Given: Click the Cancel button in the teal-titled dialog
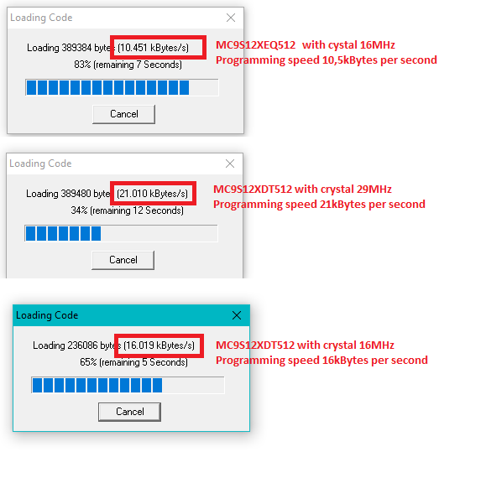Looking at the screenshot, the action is [x=129, y=412].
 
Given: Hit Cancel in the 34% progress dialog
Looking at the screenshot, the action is [x=123, y=260].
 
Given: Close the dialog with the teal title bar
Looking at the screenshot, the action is [x=237, y=315].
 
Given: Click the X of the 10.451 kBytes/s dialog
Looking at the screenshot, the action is [x=231, y=18].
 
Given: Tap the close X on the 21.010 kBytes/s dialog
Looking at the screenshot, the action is [x=230, y=164].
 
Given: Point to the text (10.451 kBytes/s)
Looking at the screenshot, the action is [x=153, y=48].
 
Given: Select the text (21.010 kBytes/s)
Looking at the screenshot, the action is [x=152, y=194].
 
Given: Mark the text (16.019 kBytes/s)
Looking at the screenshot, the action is [x=159, y=345].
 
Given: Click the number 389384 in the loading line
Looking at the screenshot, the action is [x=76, y=48].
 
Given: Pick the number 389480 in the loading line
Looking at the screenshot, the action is [x=76, y=194].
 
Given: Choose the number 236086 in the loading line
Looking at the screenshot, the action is [x=82, y=345].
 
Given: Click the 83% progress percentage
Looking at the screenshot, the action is [x=82, y=65].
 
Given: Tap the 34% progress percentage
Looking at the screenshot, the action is [x=79, y=210].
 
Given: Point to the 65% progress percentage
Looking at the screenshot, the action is [x=88, y=362].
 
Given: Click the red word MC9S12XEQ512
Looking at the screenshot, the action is [x=255, y=45].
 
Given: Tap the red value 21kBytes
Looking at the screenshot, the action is [x=342, y=205].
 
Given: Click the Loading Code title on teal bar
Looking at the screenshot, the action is [x=47, y=315].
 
